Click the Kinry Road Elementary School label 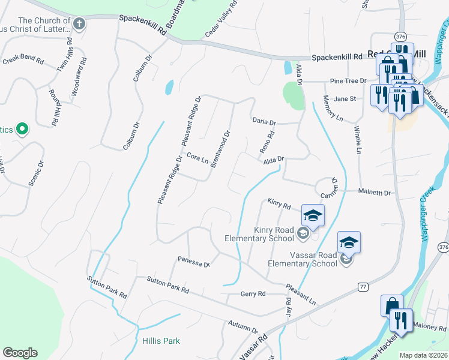pos(261,234)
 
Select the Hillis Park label pos(161,341)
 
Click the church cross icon pos(80,23)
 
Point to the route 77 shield pos(363,287)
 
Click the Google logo pos(20,353)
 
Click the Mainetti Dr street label pos(375,193)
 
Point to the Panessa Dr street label pos(193,262)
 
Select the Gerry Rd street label pos(253,293)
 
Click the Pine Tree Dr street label pos(348,80)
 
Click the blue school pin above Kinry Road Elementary pos(313,215)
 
